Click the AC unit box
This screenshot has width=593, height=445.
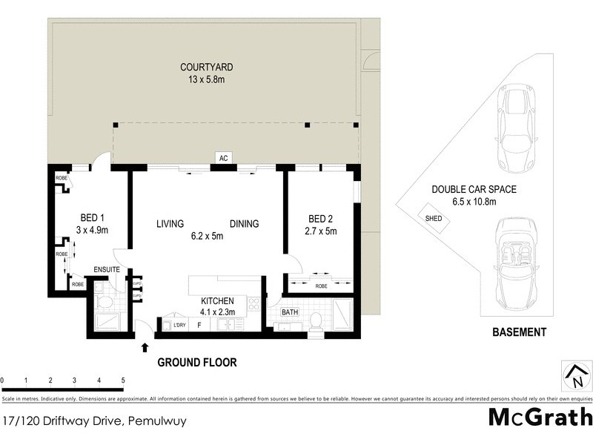point(222,158)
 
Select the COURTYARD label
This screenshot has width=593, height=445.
point(202,68)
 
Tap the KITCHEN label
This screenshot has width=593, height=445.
point(218,301)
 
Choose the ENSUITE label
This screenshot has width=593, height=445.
point(107,269)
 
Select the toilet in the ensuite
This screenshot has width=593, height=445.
point(105,303)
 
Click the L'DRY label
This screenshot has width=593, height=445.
point(179,324)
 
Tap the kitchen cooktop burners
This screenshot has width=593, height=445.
point(254,304)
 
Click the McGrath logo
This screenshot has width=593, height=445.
point(540,417)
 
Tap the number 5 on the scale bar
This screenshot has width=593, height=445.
point(122,380)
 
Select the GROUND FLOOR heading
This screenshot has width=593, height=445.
point(196,363)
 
